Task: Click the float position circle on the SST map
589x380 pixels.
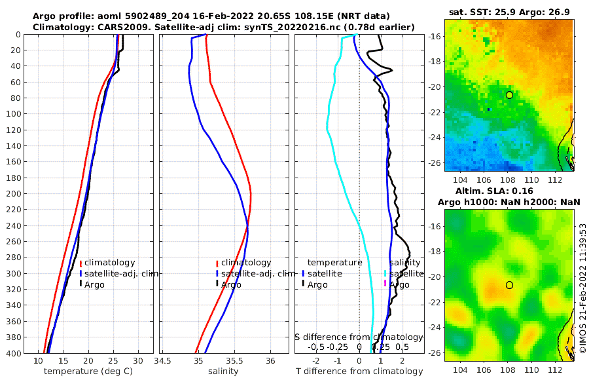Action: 509,95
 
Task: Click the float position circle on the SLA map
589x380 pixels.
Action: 509,285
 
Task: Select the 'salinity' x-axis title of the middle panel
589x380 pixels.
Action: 223,371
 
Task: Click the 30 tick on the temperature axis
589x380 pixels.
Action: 138,361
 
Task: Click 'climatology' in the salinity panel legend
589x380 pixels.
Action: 245,263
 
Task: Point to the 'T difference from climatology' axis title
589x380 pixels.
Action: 360,371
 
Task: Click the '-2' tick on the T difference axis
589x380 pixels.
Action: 316,361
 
